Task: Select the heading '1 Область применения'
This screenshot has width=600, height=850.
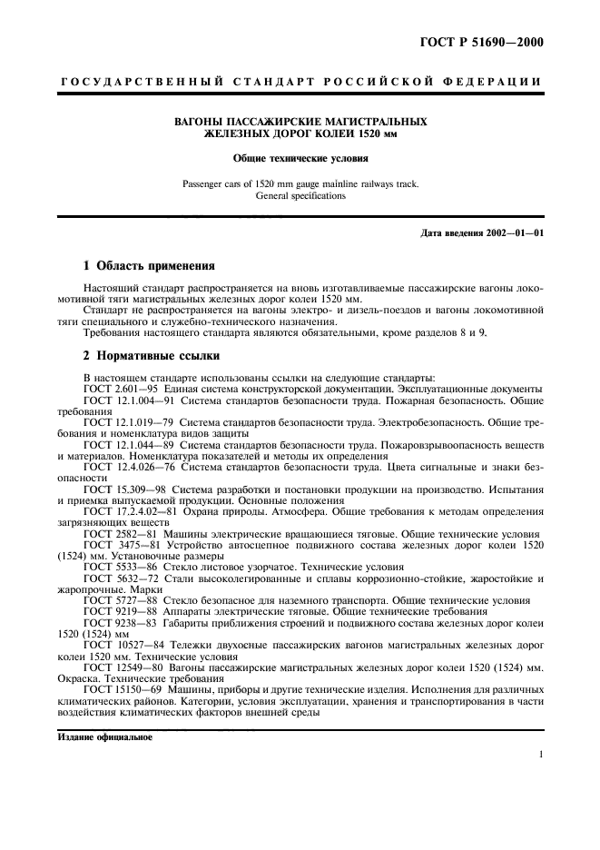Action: point(149,266)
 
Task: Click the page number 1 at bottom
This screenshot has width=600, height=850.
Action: point(540,753)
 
